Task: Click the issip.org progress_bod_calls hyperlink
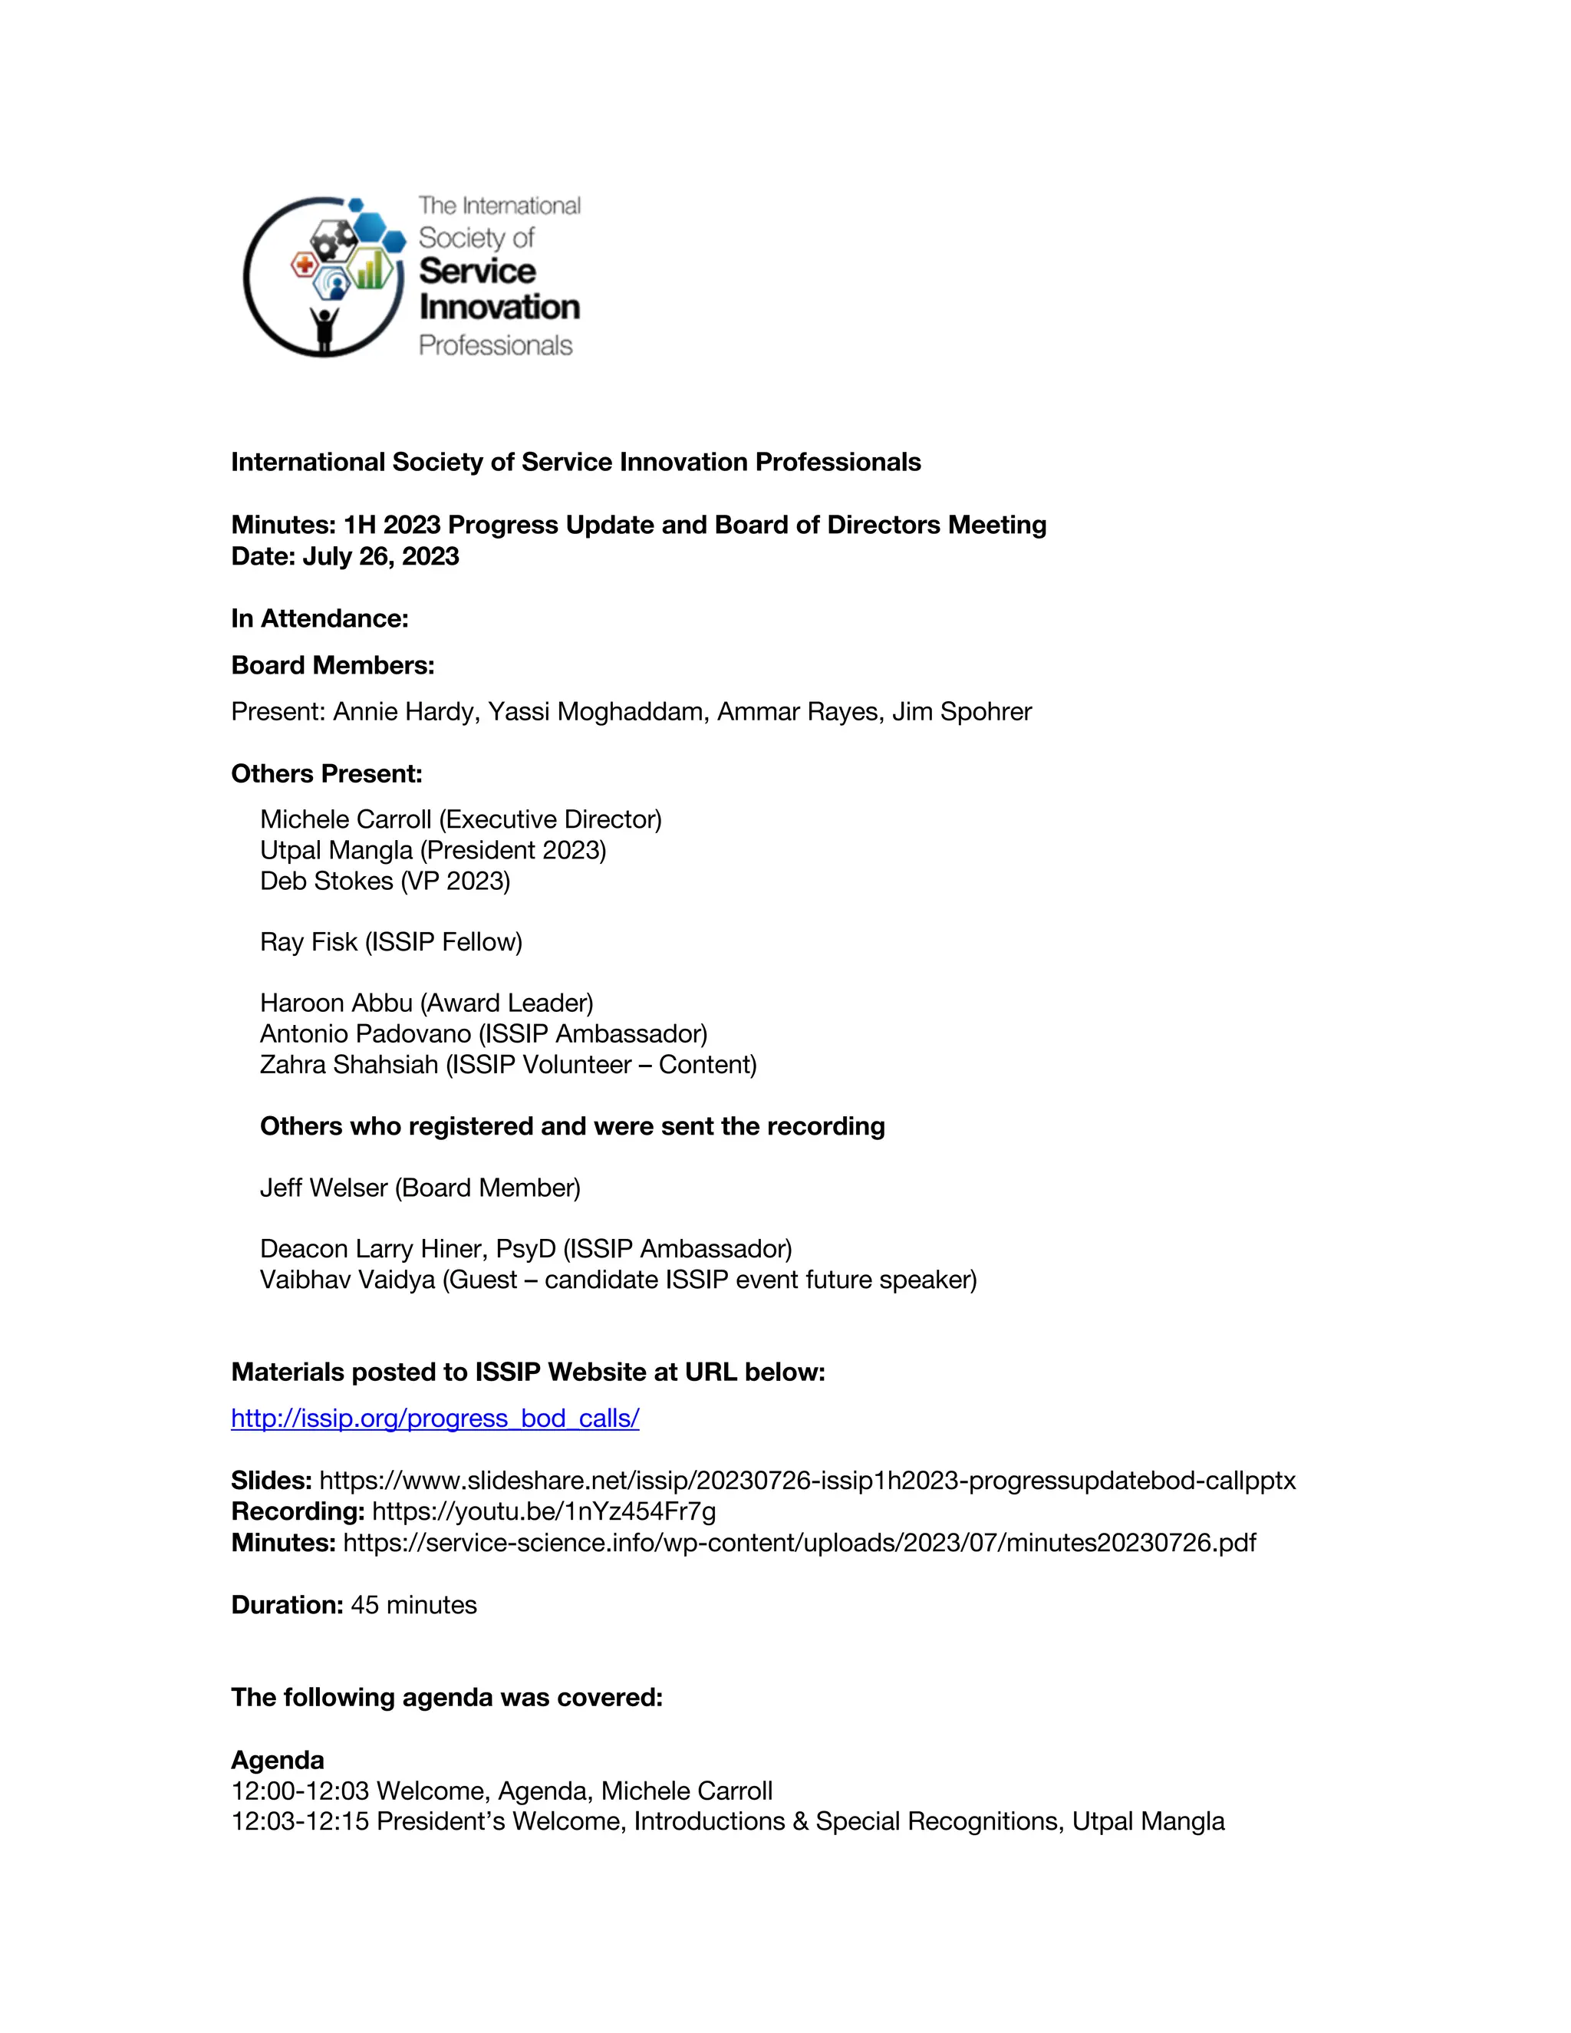pyautogui.click(x=435, y=1418)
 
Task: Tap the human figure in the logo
pyautogui.click(x=324, y=328)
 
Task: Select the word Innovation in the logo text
pyautogui.click(x=499, y=307)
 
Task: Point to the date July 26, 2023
pyautogui.click(x=380, y=557)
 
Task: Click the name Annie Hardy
pyautogui.click(x=405, y=712)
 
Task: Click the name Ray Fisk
pyautogui.click(x=308, y=942)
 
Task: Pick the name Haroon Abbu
pyautogui.click(x=336, y=1003)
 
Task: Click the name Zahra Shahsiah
pyautogui.click(x=349, y=1065)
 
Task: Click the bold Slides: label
pyautogui.click(x=271, y=1481)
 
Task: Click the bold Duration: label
pyautogui.click(x=288, y=1606)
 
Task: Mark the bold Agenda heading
pyautogui.click(x=278, y=1760)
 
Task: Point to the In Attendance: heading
pyautogui.click(x=319, y=619)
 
